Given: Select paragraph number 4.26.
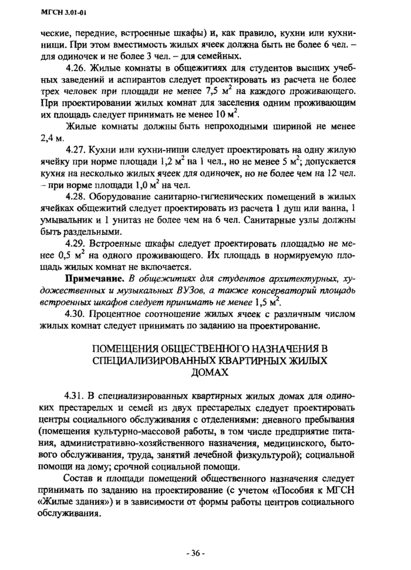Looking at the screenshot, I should pos(77,69).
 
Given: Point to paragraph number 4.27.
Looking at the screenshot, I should pos(77,149).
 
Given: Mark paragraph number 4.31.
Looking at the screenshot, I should pos(77,396).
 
